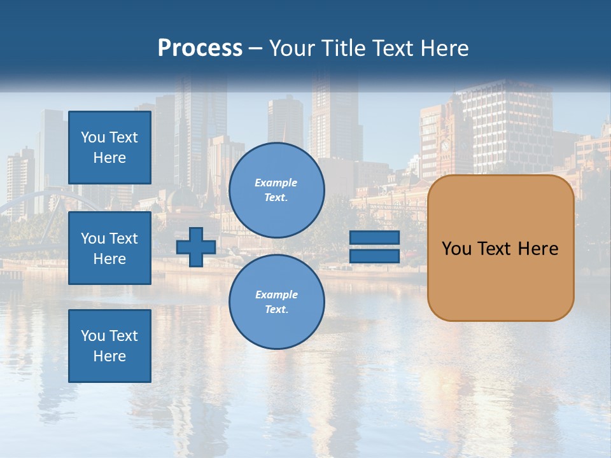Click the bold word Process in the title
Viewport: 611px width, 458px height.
click(x=200, y=48)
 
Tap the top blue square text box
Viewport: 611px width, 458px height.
click(x=109, y=148)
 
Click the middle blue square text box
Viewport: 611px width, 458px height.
click(x=109, y=248)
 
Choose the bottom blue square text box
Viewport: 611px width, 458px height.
click(x=109, y=346)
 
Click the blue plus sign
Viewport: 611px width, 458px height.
click(x=196, y=247)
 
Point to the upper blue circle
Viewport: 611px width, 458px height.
click(x=277, y=190)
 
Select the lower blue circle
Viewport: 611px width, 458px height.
click(x=277, y=302)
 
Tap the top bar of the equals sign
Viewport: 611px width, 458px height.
click(x=374, y=237)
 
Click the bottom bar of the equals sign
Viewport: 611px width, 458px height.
click(x=374, y=256)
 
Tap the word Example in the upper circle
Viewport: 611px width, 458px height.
click(x=276, y=183)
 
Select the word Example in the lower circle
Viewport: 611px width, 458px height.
click(x=276, y=295)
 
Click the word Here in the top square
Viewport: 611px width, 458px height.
click(x=109, y=158)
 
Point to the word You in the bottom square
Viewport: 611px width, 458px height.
click(x=93, y=336)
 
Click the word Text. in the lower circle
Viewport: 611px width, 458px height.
click(x=276, y=309)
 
